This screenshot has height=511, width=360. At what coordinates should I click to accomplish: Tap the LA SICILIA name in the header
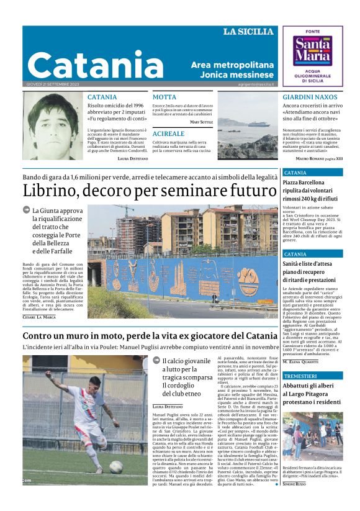[248, 32]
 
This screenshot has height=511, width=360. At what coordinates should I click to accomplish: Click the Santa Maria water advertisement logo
[312, 55]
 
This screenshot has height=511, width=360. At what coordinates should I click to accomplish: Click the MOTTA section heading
[164, 97]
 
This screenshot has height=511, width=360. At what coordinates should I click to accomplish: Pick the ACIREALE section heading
[168, 133]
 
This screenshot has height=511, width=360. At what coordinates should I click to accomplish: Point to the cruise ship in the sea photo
[254, 123]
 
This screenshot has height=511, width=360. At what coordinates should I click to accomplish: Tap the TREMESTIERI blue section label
[300, 376]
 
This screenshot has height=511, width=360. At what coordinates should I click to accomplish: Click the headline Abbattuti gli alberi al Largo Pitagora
[312, 395]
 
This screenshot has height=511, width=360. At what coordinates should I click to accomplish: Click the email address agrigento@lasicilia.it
[255, 84]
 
